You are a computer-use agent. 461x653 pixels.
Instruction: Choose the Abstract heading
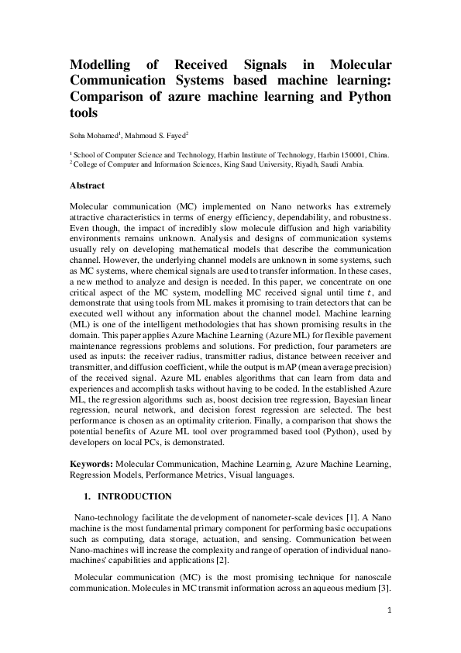[88, 186]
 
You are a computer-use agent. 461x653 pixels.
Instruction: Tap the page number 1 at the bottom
[388, 612]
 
